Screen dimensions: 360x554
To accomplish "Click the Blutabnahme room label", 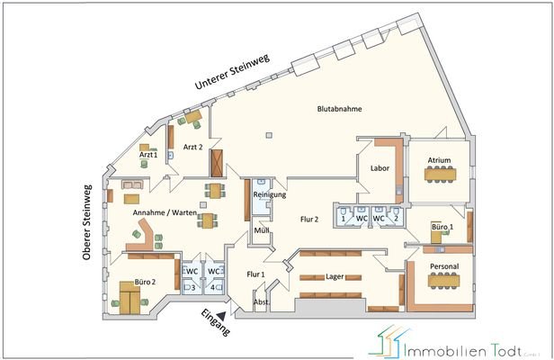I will (x=340, y=109).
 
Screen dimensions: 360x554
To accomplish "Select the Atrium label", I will (x=439, y=161).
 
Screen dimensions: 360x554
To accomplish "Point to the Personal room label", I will (x=444, y=267).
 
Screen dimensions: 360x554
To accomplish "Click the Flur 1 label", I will (x=255, y=274).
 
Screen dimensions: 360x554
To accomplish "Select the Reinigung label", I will (x=269, y=194).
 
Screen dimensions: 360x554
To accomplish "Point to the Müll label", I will (x=262, y=231).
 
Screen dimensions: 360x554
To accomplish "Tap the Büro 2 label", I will (x=145, y=281).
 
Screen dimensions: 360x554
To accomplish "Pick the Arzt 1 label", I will (x=147, y=155).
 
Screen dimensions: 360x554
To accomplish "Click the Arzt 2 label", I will (x=192, y=146).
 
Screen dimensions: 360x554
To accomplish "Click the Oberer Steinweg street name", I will (x=87, y=223).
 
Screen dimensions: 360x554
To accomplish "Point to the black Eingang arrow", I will (x=234, y=309).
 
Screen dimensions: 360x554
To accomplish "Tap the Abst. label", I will (x=262, y=302).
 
